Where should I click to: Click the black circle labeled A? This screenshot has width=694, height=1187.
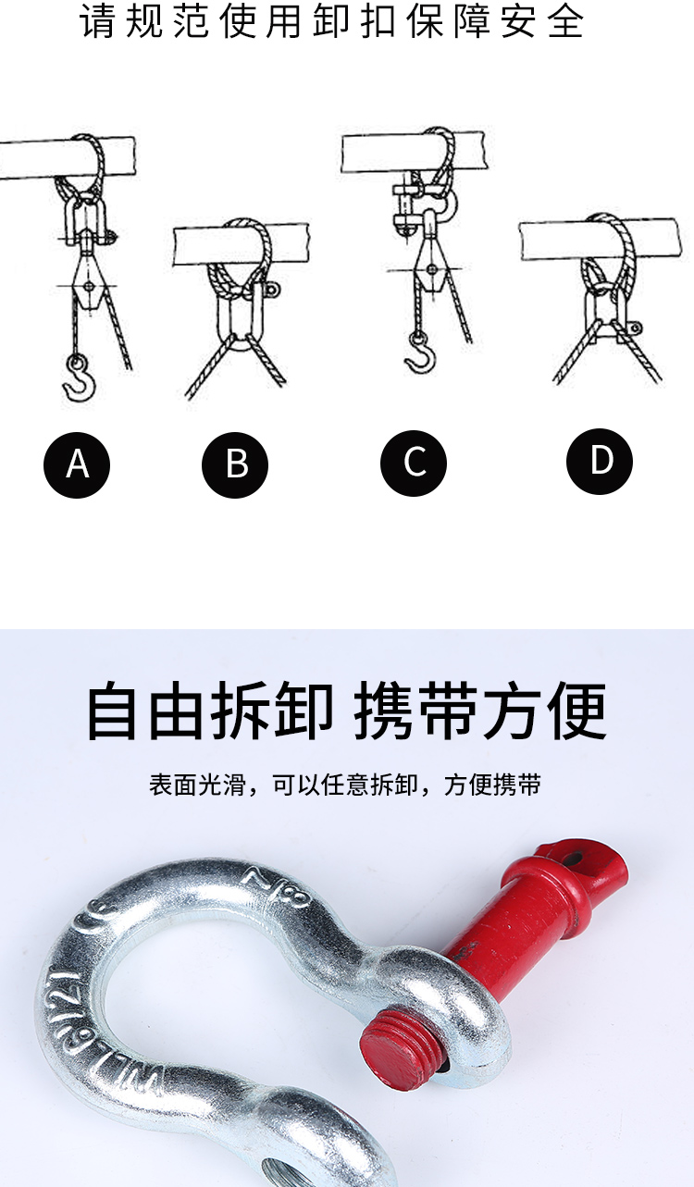pos(77,464)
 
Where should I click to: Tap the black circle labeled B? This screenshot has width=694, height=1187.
pos(235,464)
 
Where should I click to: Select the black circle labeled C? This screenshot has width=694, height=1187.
pos(414,463)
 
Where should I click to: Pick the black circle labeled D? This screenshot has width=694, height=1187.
pos(600,461)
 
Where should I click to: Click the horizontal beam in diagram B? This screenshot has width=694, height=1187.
pos(242,243)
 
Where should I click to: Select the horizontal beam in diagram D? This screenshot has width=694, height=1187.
pos(599,240)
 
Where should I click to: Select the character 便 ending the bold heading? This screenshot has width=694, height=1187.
pos(577,711)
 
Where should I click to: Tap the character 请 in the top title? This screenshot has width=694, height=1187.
pos(97,21)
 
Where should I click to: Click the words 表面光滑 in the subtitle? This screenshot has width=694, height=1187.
pos(197,785)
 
